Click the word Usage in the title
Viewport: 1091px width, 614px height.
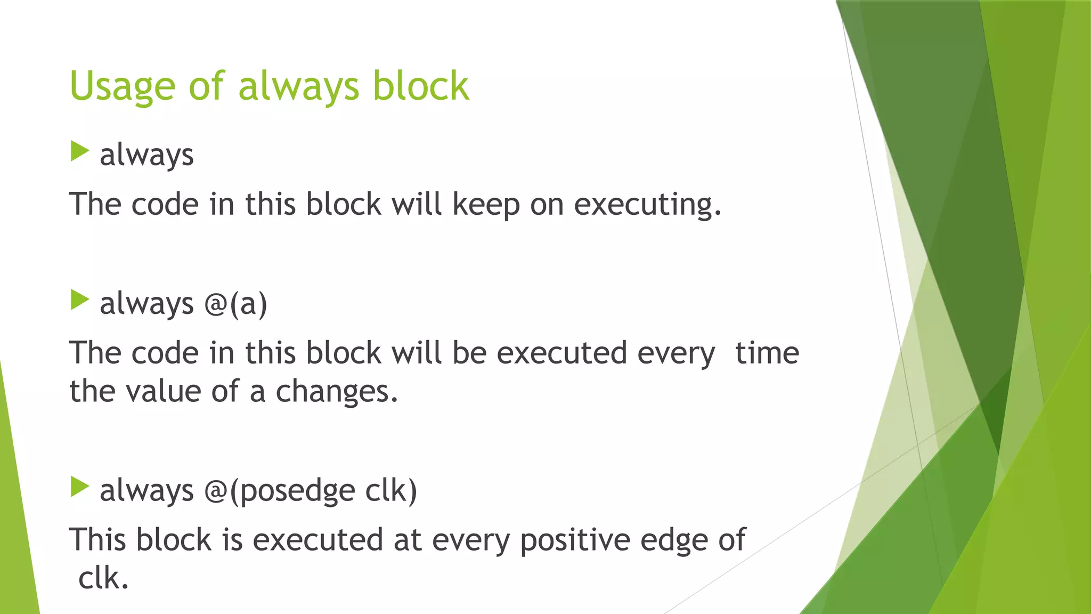[x=122, y=86]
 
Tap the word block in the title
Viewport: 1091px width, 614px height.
[x=420, y=86]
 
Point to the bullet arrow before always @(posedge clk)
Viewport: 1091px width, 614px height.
[x=79, y=487]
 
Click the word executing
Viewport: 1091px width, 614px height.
[x=647, y=205]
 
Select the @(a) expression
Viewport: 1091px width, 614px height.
[x=235, y=304]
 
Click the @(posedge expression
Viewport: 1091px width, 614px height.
[x=279, y=491]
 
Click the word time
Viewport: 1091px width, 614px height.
[x=767, y=353]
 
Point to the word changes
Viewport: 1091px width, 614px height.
[x=337, y=392]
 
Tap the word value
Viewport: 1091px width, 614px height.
[x=164, y=392]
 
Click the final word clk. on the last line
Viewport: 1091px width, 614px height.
[x=103, y=578]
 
